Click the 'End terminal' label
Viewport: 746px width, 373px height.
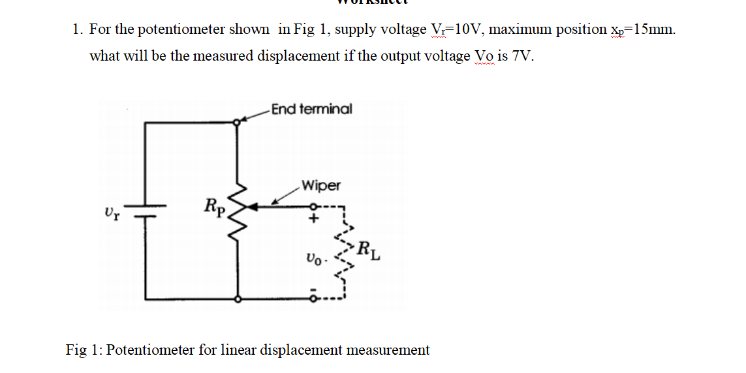(311, 109)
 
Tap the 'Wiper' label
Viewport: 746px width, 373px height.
(320, 186)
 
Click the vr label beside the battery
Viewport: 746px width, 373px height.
(111, 212)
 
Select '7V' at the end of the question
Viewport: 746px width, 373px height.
(523, 56)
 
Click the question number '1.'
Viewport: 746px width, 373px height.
(78, 29)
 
